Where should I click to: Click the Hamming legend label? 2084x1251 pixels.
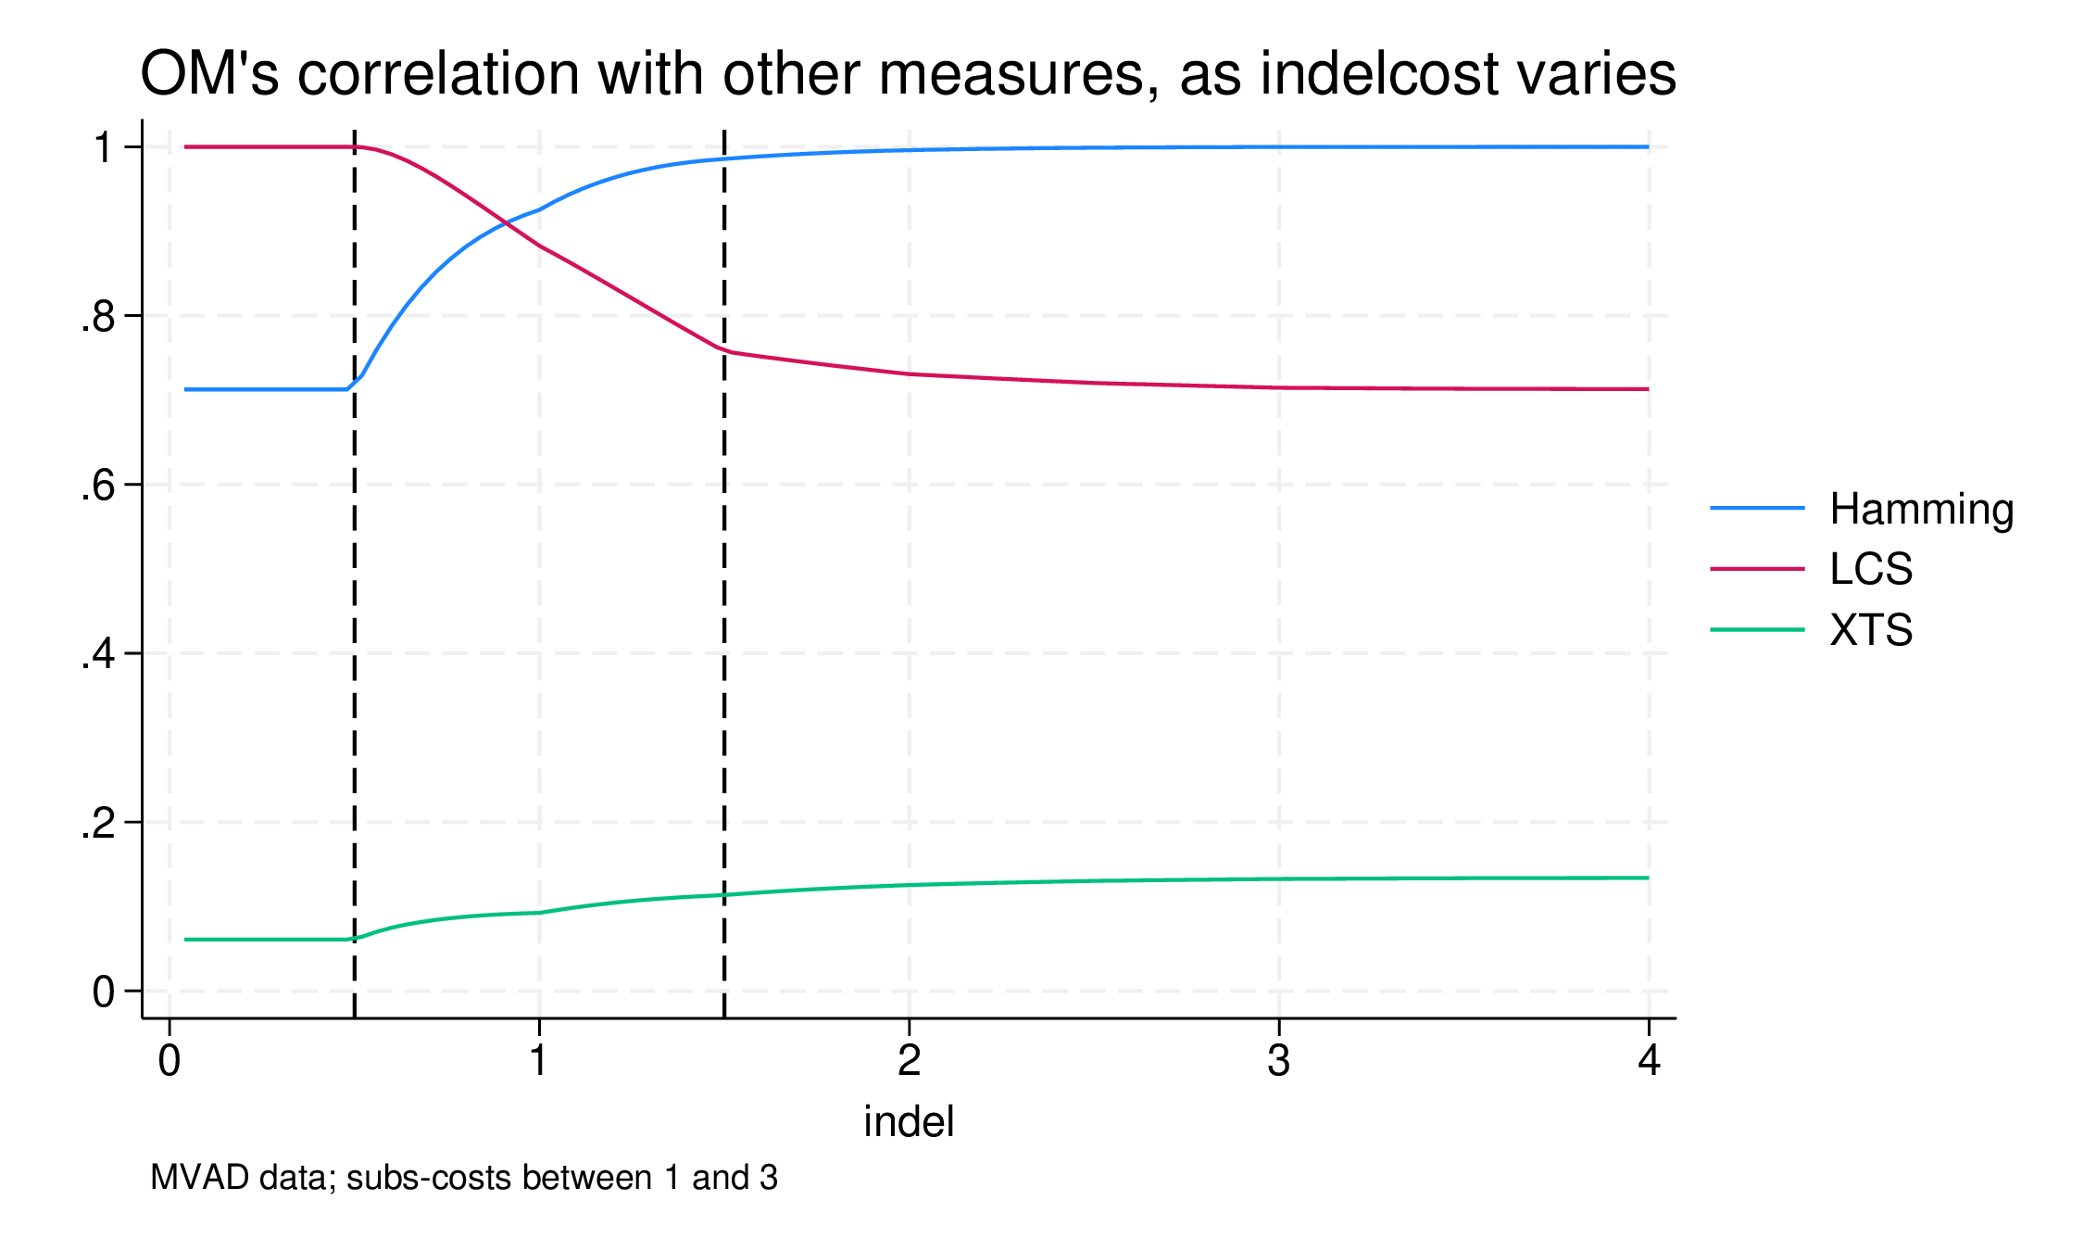tap(1921, 510)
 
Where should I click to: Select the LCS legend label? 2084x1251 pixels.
tap(1871, 569)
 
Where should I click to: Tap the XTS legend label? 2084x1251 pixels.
tap(1871, 631)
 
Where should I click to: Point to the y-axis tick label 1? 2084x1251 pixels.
tap(104, 147)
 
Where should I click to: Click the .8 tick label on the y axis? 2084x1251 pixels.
tap(97, 317)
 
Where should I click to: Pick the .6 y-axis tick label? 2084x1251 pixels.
tap(97, 486)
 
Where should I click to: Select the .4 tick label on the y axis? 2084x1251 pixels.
tap(97, 654)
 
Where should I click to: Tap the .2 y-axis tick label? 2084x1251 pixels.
tap(97, 823)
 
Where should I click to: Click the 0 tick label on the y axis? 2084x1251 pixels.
tap(104, 992)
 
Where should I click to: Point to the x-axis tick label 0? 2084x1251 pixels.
tap(169, 1060)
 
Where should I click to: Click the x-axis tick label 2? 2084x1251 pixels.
tap(909, 1060)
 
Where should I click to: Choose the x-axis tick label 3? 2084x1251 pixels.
tap(1278, 1060)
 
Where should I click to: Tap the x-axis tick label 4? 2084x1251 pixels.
tap(1649, 1060)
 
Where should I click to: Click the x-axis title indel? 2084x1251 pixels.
tap(909, 1122)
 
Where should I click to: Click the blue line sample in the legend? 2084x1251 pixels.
tap(1757, 508)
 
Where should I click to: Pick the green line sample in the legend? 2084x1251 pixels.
tap(1757, 630)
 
